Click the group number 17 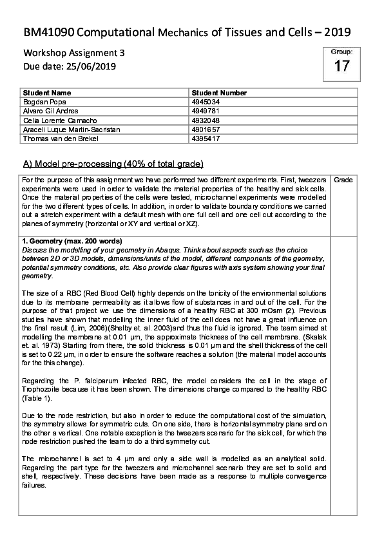point(341,65)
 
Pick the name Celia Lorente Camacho point(58,120)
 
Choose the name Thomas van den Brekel point(56,138)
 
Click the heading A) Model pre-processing point(113,163)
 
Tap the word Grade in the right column point(343,179)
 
